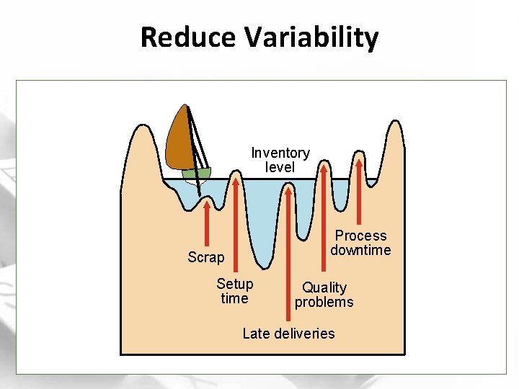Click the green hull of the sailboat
click(x=196, y=174)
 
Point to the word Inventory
click(x=280, y=153)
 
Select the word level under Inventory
click(x=280, y=167)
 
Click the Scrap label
click(x=205, y=257)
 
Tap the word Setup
click(x=235, y=284)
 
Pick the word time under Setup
click(x=234, y=298)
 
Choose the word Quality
click(x=324, y=287)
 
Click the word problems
click(x=324, y=302)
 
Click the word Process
click(x=360, y=236)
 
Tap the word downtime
click(x=360, y=250)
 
